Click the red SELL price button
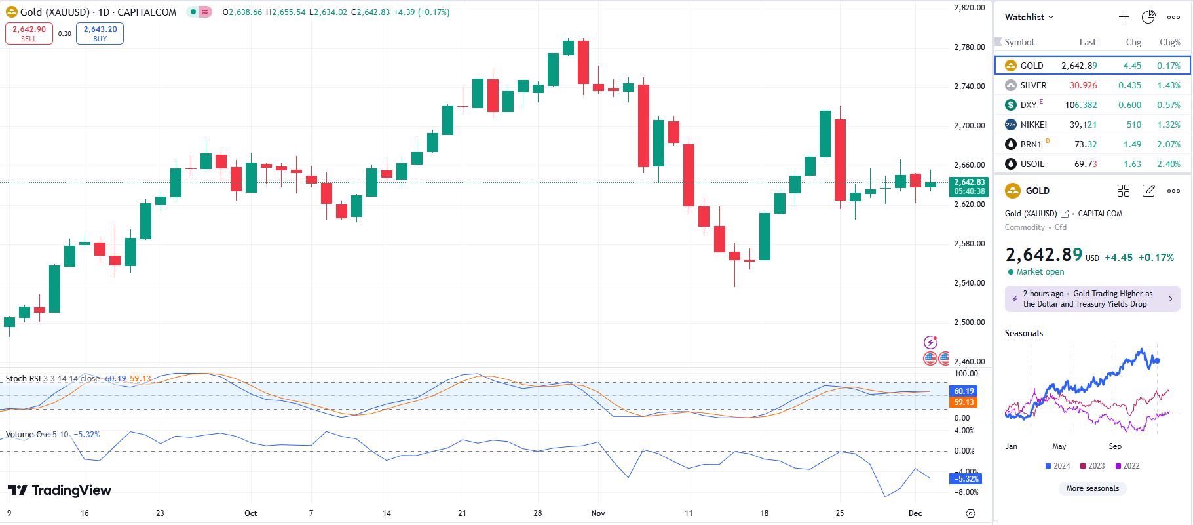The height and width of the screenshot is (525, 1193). pyautogui.click(x=29, y=33)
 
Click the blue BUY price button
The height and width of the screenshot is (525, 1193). pyautogui.click(x=100, y=33)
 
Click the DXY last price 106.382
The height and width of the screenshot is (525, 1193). pyautogui.click(x=1080, y=105)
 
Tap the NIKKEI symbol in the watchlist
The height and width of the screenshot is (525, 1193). pyautogui.click(x=1033, y=125)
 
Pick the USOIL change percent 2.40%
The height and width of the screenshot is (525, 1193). pyautogui.click(x=1169, y=164)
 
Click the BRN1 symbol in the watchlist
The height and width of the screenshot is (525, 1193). pyautogui.click(x=1031, y=144)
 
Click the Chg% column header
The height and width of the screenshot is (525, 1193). pyautogui.click(x=1169, y=42)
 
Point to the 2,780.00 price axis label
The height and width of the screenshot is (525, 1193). pyautogui.click(x=970, y=47)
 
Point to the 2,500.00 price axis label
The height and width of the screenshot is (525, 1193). pyautogui.click(x=970, y=322)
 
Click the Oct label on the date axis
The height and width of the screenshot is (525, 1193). pyautogui.click(x=250, y=513)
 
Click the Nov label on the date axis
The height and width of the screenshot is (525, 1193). pyautogui.click(x=597, y=513)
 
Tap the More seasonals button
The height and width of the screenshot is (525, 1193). pyautogui.click(x=1092, y=488)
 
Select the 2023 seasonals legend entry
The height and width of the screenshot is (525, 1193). pyautogui.click(x=1092, y=466)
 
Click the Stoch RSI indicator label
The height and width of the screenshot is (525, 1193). pyautogui.click(x=24, y=379)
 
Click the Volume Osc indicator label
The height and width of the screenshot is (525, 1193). pyautogui.click(x=28, y=435)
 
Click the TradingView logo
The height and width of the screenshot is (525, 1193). pyautogui.click(x=60, y=490)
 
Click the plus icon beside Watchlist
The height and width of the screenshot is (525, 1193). pyautogui.click(x=1124, y=17)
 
